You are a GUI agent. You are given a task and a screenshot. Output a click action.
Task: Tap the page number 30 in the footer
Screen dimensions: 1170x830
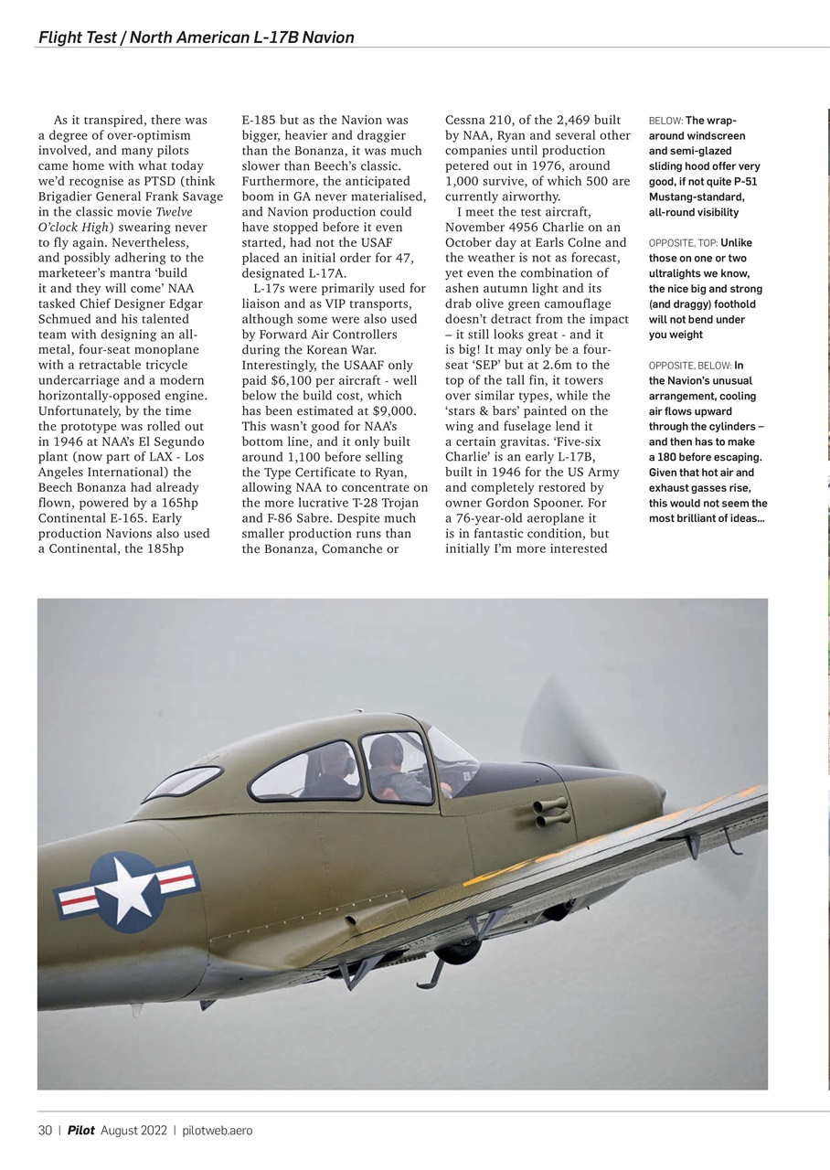pos(45,1131)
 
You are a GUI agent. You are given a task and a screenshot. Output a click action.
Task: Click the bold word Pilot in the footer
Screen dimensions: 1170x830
pos(81,1131)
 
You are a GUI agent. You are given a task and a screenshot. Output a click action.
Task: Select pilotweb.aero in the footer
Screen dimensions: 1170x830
pos(218,1131)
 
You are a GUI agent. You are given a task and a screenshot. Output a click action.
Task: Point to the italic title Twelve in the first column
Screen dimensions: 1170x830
pos(174,212)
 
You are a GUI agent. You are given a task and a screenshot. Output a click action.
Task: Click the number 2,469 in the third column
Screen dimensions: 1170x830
pos(570,120)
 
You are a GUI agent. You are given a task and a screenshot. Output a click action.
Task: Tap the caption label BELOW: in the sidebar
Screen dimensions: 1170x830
pos(665,121)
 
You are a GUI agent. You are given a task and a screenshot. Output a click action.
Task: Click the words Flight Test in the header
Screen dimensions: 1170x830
pos(77,37)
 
